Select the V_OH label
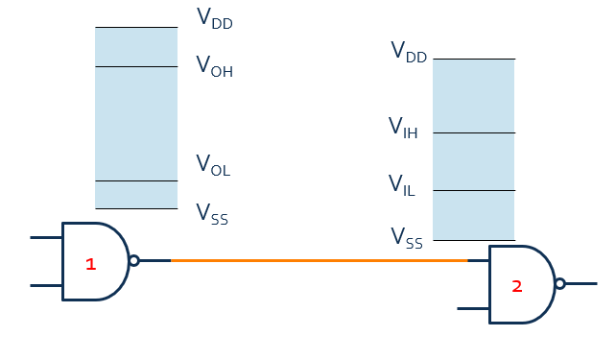tap(214, 66)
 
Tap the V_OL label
tap(213, 166)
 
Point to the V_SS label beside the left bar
tap(212, 213)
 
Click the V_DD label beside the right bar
tap(409, 53)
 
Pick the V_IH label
tap(403, 128)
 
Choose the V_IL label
tap(401, 184)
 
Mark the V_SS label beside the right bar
tap(406, 238)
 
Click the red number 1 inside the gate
tap(91, 264)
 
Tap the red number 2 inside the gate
tap(516, 286)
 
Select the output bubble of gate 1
tap(134, 260)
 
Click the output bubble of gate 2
tap(560, 283)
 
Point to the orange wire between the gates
tap(317, 260)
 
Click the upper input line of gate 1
tap(46, 236)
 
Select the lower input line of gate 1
tap(46, 285)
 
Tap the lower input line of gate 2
tap(473, 308)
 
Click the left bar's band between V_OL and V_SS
tap(136, 195)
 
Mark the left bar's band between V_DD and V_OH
tap(136, 47)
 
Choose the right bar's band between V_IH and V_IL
tap(474, 162)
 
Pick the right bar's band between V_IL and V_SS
tap(474, 216)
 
